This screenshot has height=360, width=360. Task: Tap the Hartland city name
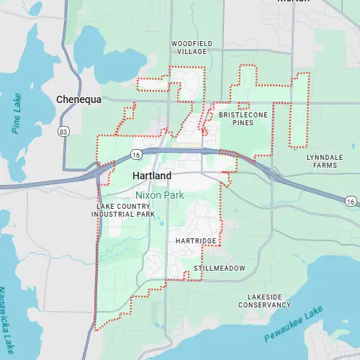coord(152,176)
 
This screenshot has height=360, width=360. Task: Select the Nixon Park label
coord(160,195)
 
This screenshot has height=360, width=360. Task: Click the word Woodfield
coord(191,44)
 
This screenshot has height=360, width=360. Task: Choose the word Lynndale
coord(321,157)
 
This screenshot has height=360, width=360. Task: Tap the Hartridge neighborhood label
coord(196,240)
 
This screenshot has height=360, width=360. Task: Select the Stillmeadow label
coord(219,269)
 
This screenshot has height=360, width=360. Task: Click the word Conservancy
coord(269,305)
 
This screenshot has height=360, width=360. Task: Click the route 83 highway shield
coord(64,131)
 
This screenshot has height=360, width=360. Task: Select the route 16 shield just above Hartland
coord(135,154)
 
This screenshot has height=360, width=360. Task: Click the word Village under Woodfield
coord(191,53)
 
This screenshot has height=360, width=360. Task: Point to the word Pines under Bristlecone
coord(243,123)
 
